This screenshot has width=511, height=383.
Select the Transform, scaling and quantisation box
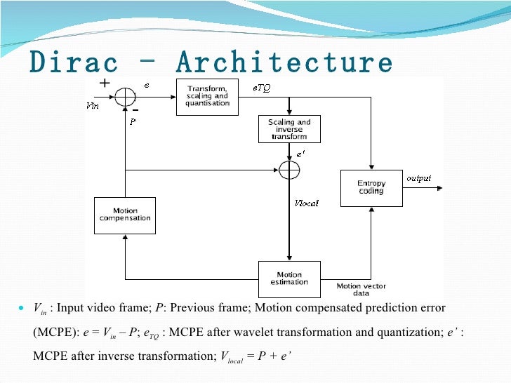pyautogui.click(x=207, y=96)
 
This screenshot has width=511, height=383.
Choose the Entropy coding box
pyautogui.click(x=371, y=187)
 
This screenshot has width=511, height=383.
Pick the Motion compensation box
pyautogui.click(x=125, y=215)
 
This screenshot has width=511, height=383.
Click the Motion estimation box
pyautogui.click(x=289, y=278)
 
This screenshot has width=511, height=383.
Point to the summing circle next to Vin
pyautogui.click(x=126, y=96)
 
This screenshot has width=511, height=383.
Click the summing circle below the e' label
pyautogui.click(x=289, y=170)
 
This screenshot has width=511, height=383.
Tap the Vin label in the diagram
pyautogui.click(x=92, y=106)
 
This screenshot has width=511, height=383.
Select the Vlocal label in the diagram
pyautogui.click(x=307, y=203)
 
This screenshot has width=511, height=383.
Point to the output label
pyautogui.click(x=419, y=179)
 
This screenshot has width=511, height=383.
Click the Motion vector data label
pyautogui.click(x=361, y=290)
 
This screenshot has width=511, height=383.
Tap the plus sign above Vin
pyautogui.click(x=105, y=83)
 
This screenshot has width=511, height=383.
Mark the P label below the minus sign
pyautogui.click(x=132, y=121)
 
